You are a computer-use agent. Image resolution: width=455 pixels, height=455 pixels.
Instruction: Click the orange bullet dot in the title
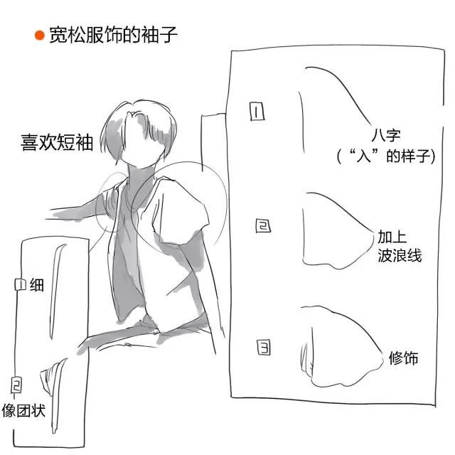[x=40, y=36]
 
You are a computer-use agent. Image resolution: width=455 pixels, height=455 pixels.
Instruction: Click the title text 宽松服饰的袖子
[x=113, y=35]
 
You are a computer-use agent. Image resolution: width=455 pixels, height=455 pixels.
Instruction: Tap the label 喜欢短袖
[x=57, y=142]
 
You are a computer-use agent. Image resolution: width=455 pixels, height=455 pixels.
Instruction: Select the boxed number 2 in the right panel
[x=263, y=225]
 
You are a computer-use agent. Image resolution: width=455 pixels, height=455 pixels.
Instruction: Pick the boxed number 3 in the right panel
[x=264, y=348]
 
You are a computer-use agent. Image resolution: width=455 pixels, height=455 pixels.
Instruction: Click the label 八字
[x=386, y=136]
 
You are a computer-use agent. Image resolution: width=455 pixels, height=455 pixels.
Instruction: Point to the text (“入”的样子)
[x=386, y=156]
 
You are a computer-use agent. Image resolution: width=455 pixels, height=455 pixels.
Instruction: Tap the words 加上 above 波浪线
[x=392, y=237]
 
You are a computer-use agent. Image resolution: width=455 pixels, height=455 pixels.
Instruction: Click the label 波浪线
[x=400, y=255]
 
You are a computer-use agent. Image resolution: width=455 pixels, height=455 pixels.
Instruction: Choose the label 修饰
[x=403, y=358]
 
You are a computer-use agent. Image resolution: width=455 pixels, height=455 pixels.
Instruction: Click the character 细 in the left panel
[x=37, y=284]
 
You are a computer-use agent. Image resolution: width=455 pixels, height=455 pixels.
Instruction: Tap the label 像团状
[x=23, y=410]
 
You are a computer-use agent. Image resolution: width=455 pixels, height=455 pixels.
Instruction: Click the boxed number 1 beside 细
[x=21, y=284]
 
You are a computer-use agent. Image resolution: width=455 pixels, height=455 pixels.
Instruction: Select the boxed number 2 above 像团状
[x=16, y=385]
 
